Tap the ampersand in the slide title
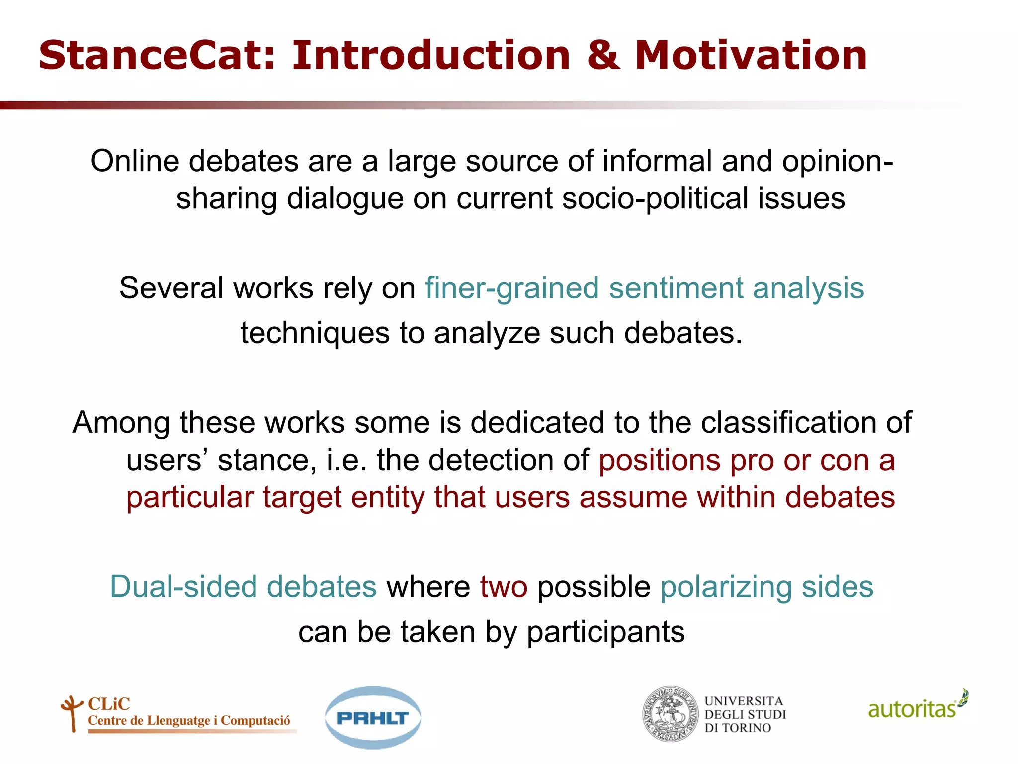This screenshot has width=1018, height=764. pyautogui.click(x=603, y=55)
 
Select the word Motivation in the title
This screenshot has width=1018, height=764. pyautogui.click(x=751, y=55)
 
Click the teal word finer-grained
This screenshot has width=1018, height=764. pyautogui.click(x=511, y=288)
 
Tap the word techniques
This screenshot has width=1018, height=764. pyautogui.click(x=315, y=333)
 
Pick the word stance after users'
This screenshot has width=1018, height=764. pyautogui.click(x=266, y=460)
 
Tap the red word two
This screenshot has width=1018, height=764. pyautogui.click(x=503, y=587)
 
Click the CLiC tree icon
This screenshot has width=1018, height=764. pyautogui.click(x=72, y=713)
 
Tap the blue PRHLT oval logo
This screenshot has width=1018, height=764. pyautogui.click(x=372, y=718)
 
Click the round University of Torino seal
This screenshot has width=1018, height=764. pyautogui.click(x=671, y=714)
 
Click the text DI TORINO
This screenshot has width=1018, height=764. pyautogui.click(x=737, y=728)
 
